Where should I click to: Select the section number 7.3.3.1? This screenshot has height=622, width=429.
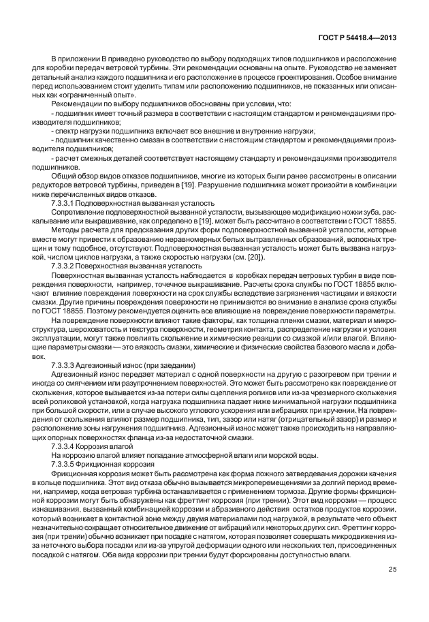click(64, 203)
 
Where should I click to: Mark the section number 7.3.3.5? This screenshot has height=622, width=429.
click(64, 463)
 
